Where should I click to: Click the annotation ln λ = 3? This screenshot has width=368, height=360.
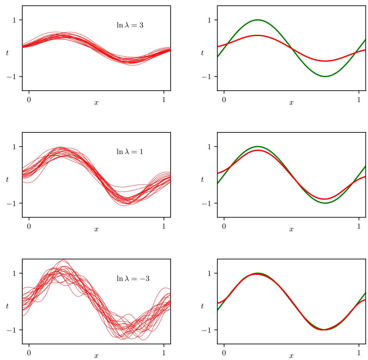pyautogui.click(x=130, y=25)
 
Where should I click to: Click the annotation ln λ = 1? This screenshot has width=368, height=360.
pyautogui.click(x=130, y=151)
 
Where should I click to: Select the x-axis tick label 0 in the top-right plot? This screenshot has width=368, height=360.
pyautogui.click(x=224, y=100)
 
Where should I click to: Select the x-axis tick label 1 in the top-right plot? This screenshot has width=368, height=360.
pyautogui.click(x=359, y=100)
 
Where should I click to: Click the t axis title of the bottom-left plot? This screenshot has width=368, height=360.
pyautogui.click(x=8, y=306)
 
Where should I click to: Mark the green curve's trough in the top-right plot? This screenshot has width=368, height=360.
pyautogui.click(x=325, y=77)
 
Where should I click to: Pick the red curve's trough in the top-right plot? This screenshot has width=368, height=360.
pyautogui.click(x=325, y=61)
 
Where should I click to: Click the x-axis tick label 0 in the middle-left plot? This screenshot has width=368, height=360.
pyautogui.click(x=29, y=226)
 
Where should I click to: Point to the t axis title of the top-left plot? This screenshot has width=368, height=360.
pyautogui.click(x=8, y=53)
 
